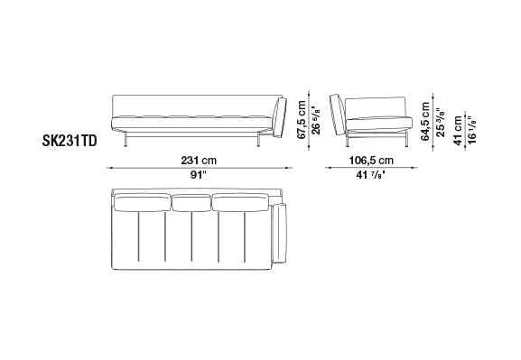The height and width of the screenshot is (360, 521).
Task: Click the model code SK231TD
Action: click(70, 141)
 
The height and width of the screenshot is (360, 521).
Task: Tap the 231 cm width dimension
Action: click(199, 161)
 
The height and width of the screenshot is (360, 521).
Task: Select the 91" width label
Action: click(199, 175)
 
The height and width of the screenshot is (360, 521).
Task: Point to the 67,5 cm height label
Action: click(302, 120)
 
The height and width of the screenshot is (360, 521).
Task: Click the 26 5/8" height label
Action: click(316, 120)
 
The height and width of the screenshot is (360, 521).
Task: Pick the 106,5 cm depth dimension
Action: click(371, 161)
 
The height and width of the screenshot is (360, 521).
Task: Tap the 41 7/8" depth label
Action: click(371, 175)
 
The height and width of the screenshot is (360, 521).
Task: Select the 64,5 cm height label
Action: click(425, 121)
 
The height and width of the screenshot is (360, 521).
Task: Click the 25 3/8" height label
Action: click(440, 122)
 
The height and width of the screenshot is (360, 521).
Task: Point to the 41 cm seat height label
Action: click(458, 131)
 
